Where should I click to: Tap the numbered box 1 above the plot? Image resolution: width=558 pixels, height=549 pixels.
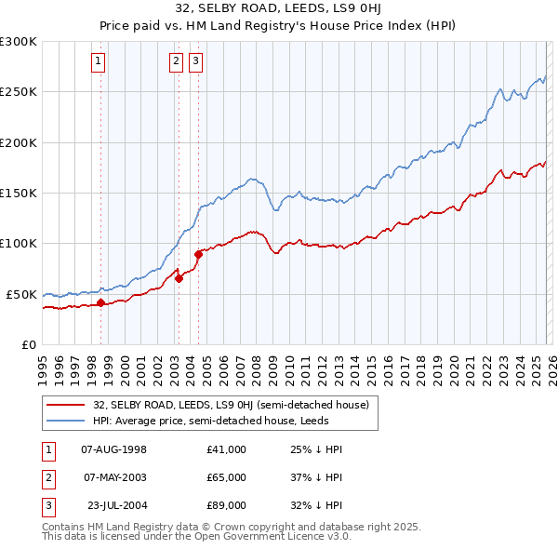tap(99, 62)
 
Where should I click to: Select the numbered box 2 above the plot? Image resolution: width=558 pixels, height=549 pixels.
tap(176, 62)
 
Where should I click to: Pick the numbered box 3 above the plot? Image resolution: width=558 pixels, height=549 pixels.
tap(196, 62)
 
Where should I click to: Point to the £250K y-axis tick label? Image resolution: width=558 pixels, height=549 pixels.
tap(19, 92)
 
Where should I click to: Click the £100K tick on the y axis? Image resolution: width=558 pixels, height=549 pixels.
tap(19, 244)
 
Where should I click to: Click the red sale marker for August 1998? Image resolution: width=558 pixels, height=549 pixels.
tap(100, 302)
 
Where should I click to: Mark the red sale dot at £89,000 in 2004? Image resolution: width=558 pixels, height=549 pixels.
tap(198, 254)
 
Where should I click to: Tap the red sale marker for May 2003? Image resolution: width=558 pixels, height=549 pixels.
tap(179, 278)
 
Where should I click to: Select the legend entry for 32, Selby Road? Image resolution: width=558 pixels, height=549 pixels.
tap(231, 405)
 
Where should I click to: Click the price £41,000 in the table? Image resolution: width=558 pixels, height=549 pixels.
tap(227, 449)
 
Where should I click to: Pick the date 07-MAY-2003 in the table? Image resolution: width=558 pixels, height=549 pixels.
tap(115, 477)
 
